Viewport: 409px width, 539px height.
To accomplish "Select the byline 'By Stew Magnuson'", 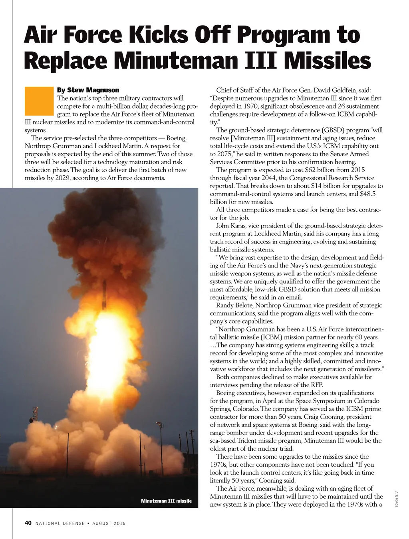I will pyautogui.click(x=88, y=90).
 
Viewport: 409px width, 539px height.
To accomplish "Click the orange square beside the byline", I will pyautogui.click(x=39, y=101).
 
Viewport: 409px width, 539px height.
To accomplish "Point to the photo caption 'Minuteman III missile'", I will pyautogui.click(x=166, y=501).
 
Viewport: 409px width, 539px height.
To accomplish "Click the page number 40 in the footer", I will pyautogui.click(x=28, y=523).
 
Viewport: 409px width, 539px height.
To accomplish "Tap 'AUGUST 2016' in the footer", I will pyautogui.click(x=109, y=523).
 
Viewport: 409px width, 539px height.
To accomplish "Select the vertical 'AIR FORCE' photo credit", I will pyautogui.click(x=396, y=499).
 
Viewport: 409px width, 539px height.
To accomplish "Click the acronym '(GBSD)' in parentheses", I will pyautogui.click(x=334, y=130).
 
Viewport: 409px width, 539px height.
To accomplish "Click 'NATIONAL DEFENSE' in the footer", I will pyautogui.click(x=60, y=523).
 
